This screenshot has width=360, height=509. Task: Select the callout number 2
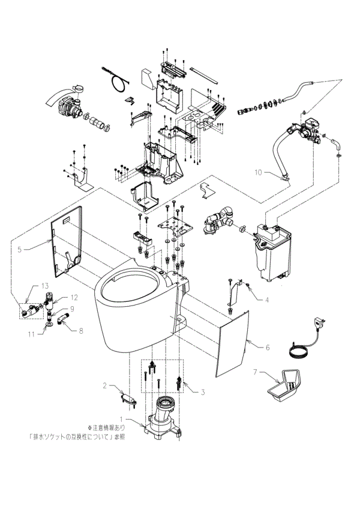[x=104, y=385]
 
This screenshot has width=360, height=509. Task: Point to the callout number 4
[x=250, y=299]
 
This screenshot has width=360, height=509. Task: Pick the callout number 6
[x=268, y=347]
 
